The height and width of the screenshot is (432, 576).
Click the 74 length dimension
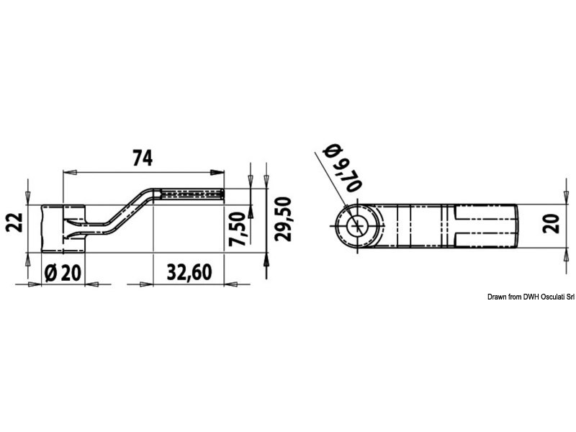(x=142, y=158)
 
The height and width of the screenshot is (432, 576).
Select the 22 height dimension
(x=14, y=222)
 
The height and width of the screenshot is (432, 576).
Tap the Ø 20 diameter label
(x=62, y=273)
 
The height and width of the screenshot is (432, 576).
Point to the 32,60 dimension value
(x=189, y=272)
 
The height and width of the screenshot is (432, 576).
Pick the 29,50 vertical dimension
(x=283, y=219)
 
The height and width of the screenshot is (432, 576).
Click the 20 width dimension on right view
(x=551, y=223)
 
